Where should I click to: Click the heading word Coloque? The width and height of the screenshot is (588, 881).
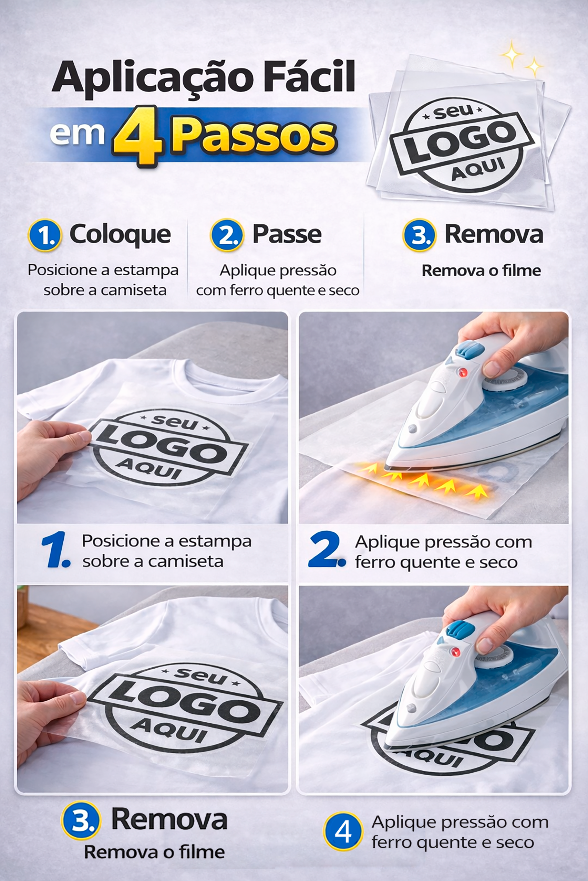[120, 235]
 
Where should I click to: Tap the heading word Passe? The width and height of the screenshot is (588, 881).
[287, 234]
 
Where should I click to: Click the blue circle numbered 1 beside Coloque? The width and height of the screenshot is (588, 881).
[45, 235]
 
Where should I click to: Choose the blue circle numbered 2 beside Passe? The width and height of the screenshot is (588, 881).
[227, 235]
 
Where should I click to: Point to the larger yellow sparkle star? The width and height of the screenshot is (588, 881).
[512, 55]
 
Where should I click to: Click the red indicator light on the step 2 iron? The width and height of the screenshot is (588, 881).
[462, 373]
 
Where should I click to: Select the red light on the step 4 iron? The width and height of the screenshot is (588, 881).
[455, 652]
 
